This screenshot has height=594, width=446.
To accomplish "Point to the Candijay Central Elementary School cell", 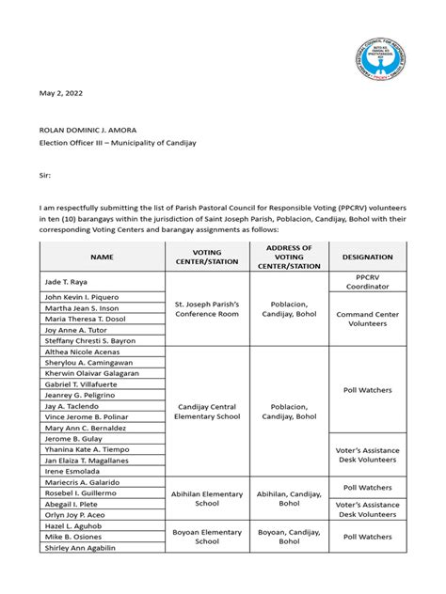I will click(206, 411).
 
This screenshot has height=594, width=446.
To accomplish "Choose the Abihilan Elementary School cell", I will click(206, 499).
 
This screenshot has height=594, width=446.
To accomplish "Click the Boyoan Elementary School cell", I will click(206, 537).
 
